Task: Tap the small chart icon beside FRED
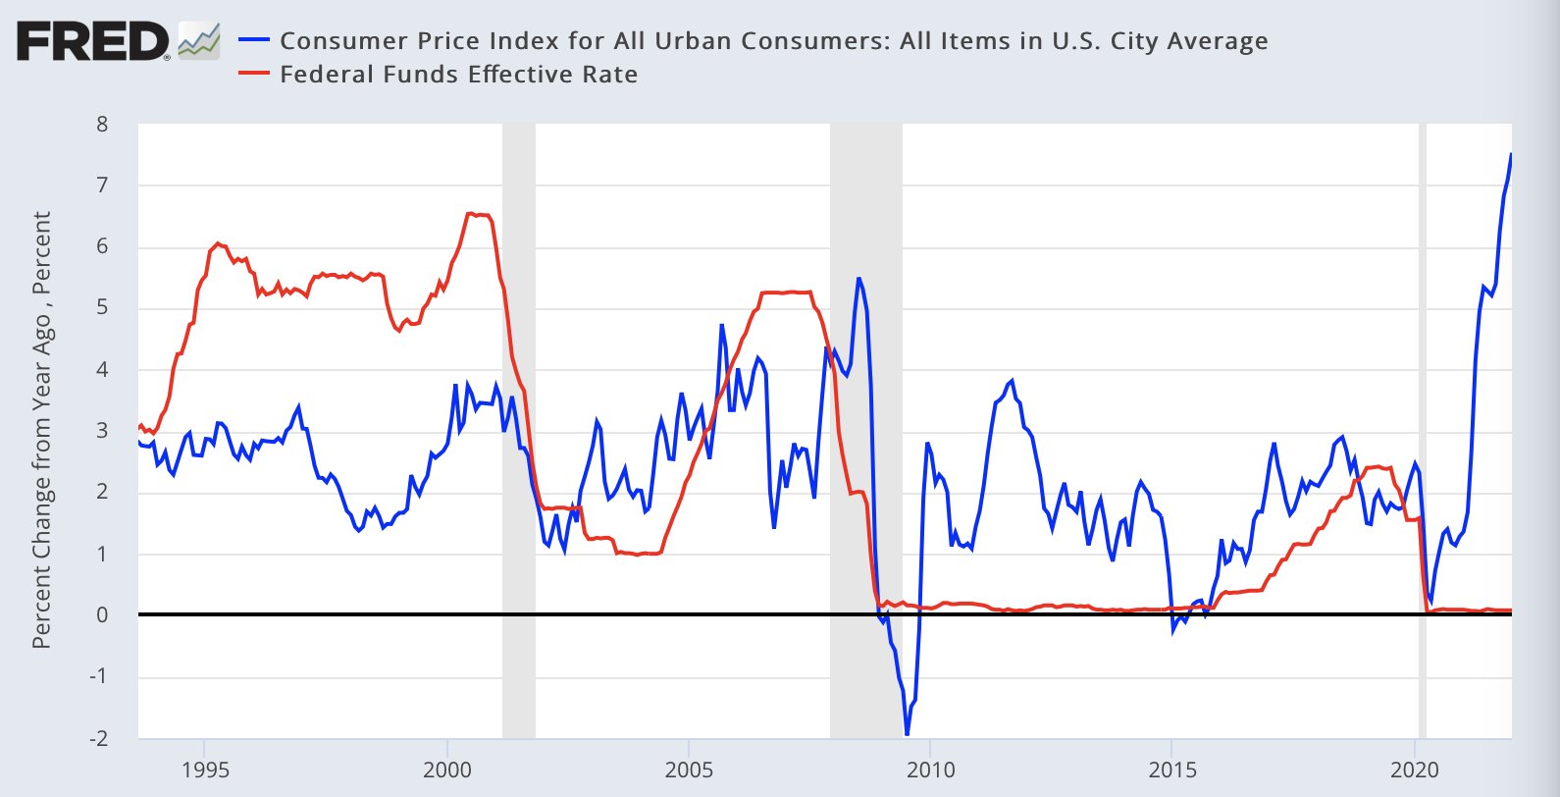point(199,40)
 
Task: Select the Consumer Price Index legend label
point(773,41)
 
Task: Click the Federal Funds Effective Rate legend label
point(458,75)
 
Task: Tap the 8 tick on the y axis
point(102,125)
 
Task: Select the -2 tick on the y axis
point(98,738)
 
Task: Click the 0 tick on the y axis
point(102,615)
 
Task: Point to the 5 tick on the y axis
point(102,308)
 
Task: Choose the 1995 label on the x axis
point(204,770)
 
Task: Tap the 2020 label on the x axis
point(1414,770)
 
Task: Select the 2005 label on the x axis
point(688,770)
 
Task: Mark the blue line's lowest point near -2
point(907,733)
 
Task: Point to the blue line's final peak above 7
point(1511,154)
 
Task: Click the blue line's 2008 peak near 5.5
point(858,279)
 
